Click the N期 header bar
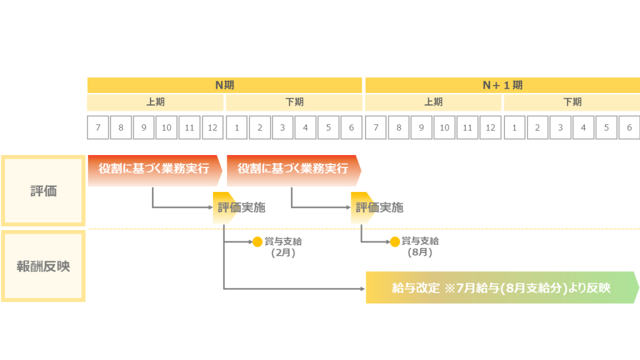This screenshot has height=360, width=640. pyautogui.click(x=224, y=85)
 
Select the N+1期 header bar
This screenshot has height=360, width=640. pyautogui.click(x=502, y=85)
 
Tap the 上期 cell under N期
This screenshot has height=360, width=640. pyautogui.click(x=156, y=102)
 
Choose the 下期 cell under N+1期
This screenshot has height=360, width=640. pyautogui.click(x=572, y=102)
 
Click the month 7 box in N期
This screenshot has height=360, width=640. pyautogui.click(x=98, y=127)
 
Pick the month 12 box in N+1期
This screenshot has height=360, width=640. pyautogui.click(x=491, y=127)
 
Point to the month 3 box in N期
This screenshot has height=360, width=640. pyautogui.click(x=282, y=127)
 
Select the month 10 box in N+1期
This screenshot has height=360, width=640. pyautogui.click(x=444, y=127)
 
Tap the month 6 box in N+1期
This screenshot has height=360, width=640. pyautogui.click(x=629, y=127)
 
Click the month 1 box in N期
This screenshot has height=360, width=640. pyautogui.click(x=237, y=127)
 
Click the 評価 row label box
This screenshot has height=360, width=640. pyautogui.click(x=43, y=191)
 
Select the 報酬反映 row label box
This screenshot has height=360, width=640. pyautogui.click(x=43, y=266)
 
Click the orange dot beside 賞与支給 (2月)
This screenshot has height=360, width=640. pyautogui.click(x=257, y=242)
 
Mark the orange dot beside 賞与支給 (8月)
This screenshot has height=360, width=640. pyautogui.click(x=395, y=242)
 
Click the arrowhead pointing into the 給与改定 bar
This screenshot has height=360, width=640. pyautogui.click(x=362, y=289)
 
